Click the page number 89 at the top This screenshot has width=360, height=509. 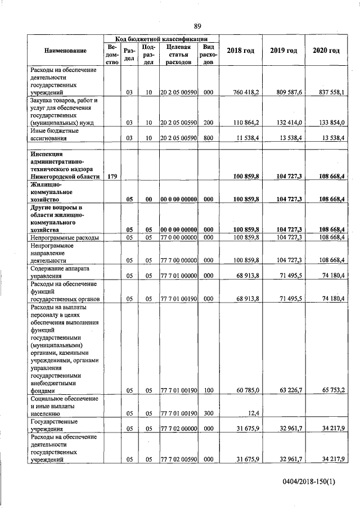click(197, 26)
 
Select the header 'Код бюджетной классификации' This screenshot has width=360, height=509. click(161, 38)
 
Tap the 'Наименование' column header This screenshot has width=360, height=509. click(65, 51)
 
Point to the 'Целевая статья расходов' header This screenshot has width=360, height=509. click(178, 55)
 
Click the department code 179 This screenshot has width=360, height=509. click(112, 177)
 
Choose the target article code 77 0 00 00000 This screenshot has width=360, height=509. click(178, 238)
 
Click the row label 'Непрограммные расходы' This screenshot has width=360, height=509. click(65, 238)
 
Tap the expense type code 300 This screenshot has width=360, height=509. click(208, 413)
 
